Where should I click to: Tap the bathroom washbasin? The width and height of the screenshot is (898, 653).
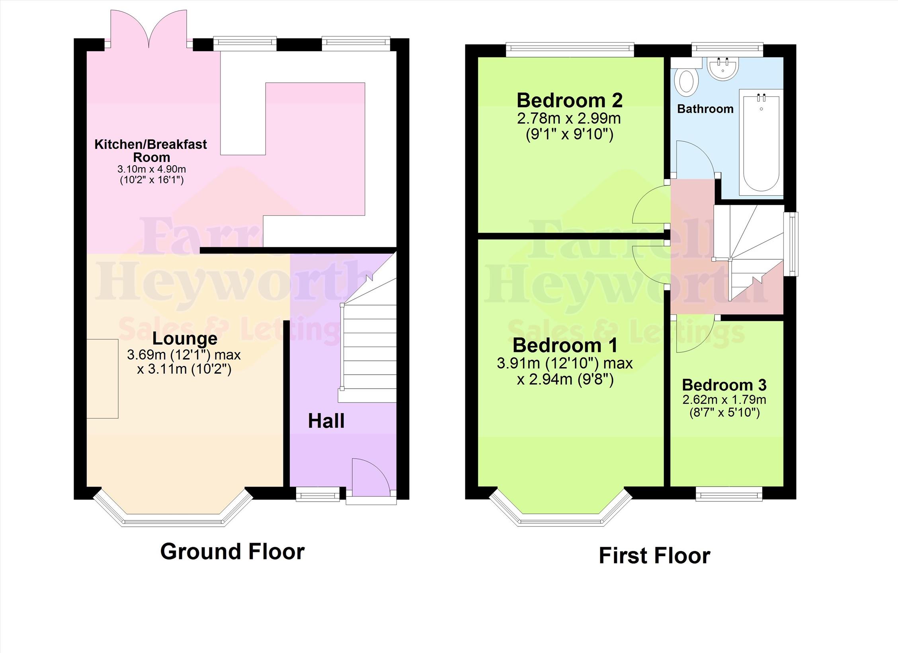723,68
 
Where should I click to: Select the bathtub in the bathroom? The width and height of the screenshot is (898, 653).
761,143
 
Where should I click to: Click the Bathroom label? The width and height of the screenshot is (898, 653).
705,109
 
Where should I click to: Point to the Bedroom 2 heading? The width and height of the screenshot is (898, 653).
570,100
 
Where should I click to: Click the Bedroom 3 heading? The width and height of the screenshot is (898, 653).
724,385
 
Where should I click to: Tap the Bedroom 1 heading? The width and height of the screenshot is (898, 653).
565,345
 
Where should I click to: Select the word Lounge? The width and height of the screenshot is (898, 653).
185,339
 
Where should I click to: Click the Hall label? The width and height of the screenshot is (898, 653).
326,421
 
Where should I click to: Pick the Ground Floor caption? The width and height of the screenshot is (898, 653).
232,551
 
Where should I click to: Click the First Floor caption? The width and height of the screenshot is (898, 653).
654,555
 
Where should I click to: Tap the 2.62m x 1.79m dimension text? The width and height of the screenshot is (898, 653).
724,399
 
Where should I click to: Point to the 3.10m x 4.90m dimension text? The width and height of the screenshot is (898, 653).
152,169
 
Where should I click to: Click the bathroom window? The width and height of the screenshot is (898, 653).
727,49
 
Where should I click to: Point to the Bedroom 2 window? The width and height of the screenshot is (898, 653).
570,49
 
